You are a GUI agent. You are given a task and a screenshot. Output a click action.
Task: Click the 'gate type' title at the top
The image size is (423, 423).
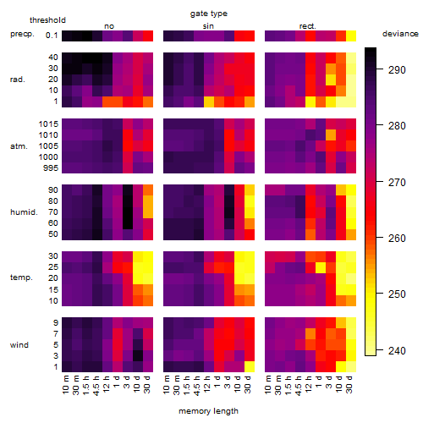209,14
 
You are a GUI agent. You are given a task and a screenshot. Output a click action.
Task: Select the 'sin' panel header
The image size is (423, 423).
208,26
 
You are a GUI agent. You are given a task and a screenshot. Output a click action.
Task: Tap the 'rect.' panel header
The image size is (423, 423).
308,26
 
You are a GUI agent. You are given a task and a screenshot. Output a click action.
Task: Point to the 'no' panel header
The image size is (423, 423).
109,26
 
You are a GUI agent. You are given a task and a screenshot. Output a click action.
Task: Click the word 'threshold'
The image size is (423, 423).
47,20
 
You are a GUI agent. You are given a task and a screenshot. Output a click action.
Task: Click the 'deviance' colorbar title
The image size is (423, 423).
400,34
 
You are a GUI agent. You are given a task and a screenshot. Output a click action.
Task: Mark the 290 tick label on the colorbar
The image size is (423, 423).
397,69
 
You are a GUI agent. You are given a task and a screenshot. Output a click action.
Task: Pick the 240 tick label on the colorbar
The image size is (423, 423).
397,351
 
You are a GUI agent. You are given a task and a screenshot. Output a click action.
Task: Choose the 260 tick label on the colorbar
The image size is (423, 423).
397,239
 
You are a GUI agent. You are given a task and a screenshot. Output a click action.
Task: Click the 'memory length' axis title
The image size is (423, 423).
209,411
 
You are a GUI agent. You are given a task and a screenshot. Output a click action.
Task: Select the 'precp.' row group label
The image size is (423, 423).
22,34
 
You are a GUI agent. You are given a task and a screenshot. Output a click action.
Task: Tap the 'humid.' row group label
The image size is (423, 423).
24,212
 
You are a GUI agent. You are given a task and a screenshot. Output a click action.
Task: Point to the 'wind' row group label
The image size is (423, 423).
19,345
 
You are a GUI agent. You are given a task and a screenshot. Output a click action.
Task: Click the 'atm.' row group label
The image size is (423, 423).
19,146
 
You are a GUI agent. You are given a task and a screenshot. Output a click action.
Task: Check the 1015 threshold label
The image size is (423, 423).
48,124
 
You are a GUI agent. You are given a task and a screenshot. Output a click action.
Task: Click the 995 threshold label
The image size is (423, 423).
51,168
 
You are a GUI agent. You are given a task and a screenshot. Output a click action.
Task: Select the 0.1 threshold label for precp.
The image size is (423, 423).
52,36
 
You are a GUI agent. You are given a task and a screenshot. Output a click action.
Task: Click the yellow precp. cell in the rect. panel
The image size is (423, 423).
351,36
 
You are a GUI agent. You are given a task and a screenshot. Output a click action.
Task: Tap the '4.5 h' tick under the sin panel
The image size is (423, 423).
198,385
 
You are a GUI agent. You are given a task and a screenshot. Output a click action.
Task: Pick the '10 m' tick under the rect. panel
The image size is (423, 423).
268,385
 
